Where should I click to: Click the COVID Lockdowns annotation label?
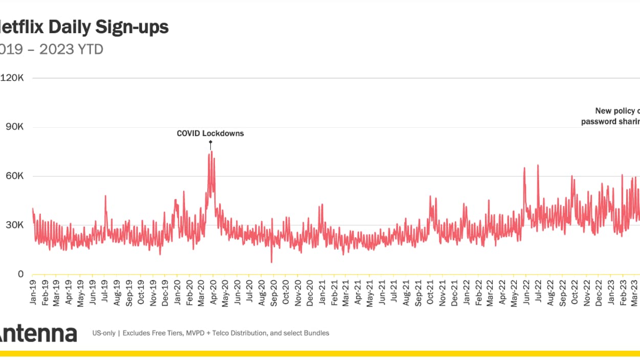(210, 133)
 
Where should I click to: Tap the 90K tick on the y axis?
(14, 127)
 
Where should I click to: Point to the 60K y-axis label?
(14, 176)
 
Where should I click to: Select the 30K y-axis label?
(14, 225)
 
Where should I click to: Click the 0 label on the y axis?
(20, 274)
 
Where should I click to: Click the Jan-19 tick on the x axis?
(33, 293)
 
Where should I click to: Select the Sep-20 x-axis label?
(274, 293)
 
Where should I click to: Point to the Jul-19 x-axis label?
(105, 293)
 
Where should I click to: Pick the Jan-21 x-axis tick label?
(322, 293)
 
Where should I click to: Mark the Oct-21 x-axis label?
(431, 293)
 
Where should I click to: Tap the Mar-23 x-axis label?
(635, 293)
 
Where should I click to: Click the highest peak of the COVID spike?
(212, 151)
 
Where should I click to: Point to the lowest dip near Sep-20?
(272, 262)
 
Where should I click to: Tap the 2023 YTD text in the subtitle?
(71, 49)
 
